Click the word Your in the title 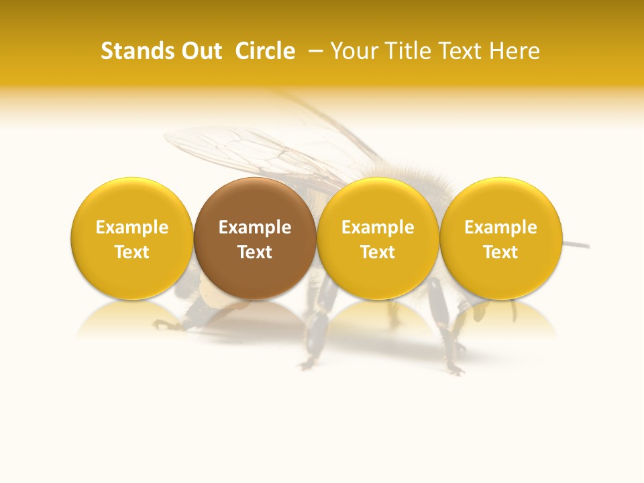tap(354, 52)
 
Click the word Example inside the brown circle tap(255, 227)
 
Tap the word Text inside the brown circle tap(255, 252)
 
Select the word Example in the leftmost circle tap(131, 227)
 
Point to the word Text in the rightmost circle tap(500, 252)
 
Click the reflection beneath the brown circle tap(255, 319)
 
